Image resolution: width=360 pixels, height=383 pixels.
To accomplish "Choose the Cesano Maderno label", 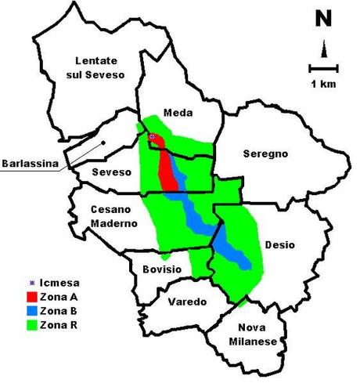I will click(114, 216).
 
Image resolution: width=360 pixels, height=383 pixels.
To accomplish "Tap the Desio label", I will click(279, 244).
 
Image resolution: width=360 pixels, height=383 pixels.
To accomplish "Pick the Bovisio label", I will click(163, 269).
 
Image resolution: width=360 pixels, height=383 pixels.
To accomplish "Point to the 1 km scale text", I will click(323, 83).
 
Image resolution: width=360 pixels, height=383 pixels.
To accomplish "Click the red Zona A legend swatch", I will click(31, 298).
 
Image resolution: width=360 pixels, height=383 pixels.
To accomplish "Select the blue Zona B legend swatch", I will click(31, 311).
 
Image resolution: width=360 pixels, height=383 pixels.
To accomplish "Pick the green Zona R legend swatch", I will click(31, 324).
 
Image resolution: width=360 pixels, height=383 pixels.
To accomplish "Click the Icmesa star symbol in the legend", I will click(31, 285).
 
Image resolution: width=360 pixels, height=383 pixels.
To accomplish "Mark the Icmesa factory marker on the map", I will click(153, 137).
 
